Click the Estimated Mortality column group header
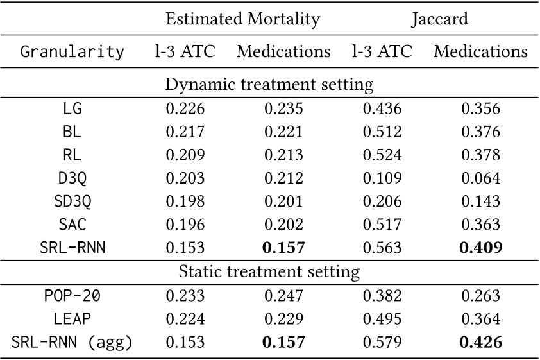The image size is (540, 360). point(242,19)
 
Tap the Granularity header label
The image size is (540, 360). point(72,52)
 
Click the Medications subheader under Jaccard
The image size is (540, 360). point(480,51)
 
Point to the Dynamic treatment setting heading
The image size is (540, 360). point(269,84)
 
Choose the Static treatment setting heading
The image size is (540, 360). point(269,271)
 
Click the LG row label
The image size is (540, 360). point(72,108)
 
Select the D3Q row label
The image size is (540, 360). point(72,178)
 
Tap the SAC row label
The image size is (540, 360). point(72,225)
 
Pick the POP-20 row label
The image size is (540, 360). point(72,295)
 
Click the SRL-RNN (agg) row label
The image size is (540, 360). point(72,342)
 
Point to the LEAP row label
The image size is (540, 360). point(72,318)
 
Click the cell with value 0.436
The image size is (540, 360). point(382,108)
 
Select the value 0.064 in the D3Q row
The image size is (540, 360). point(480,178)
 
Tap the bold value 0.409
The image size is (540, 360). point(480,248)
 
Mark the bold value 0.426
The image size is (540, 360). point(480,342)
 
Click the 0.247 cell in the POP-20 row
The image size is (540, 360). point(283,295)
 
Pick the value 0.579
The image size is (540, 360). point(382,342)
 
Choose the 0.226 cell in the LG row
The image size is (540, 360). point(185,108)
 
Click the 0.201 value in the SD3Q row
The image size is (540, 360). point(283,201)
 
